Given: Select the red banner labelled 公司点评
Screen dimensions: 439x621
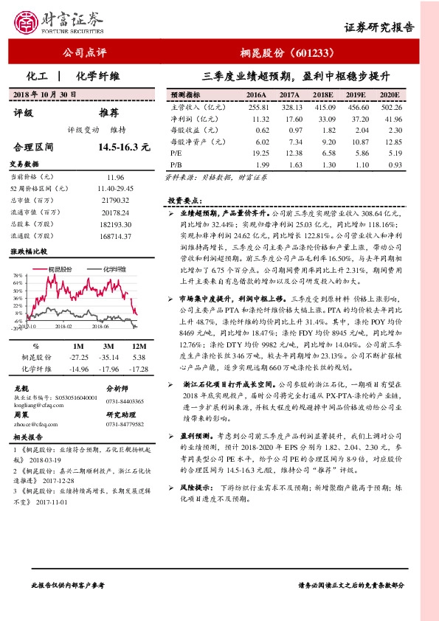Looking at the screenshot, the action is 85,53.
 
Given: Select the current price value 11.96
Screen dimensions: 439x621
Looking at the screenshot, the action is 115,178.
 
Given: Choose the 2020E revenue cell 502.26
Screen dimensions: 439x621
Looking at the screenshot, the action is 388,107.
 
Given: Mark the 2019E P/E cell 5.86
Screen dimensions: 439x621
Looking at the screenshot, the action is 356,153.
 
